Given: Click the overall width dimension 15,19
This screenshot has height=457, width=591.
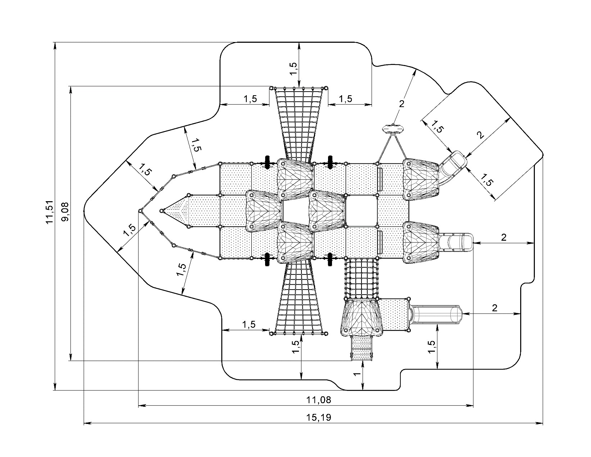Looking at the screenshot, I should point(318,417).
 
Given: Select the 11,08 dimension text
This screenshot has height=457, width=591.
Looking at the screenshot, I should point(318,399).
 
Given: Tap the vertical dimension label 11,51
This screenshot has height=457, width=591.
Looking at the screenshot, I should point(50,212).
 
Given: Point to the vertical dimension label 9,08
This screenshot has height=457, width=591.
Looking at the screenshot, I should point(65,212).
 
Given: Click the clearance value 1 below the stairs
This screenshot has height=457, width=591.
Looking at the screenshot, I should point(357,374).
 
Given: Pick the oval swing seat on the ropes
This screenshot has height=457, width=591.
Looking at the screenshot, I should point(393,128).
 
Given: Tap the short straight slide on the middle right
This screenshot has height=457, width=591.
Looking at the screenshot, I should point(456,242).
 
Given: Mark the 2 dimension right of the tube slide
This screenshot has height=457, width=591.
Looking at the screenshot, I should point(495,308).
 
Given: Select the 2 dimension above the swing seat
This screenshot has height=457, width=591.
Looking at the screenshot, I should point(402,103).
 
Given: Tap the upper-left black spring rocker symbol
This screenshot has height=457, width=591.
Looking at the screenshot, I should point(267,162).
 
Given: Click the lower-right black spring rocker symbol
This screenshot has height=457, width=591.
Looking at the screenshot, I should point(330,259).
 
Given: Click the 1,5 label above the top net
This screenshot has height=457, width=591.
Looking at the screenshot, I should point(293,69).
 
